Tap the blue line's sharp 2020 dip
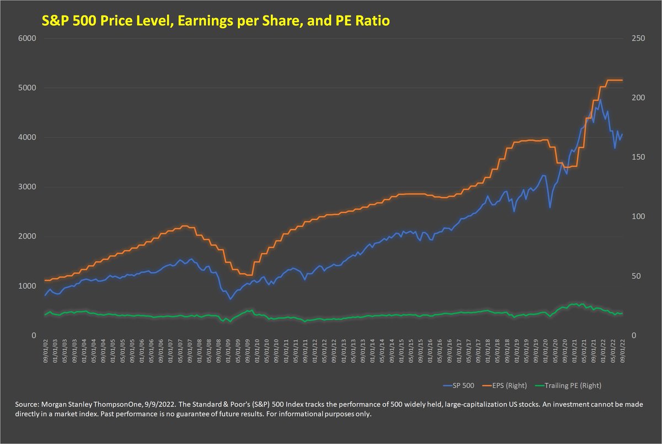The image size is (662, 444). tap(549, 208)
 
